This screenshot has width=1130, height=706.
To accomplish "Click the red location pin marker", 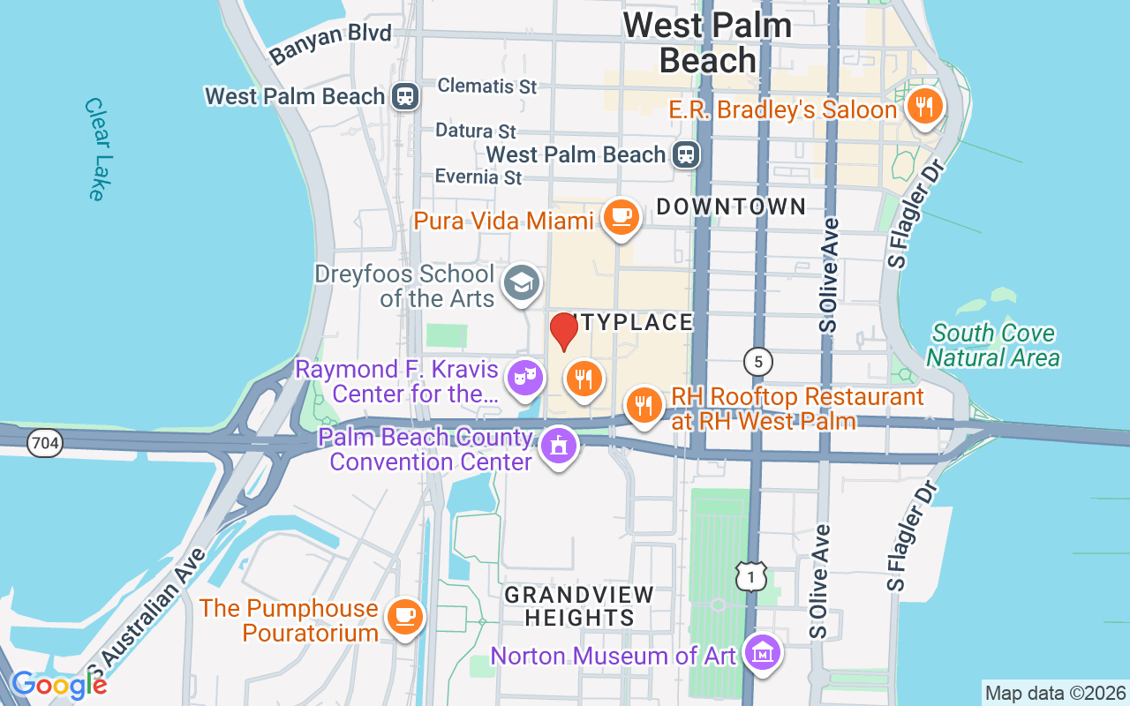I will pyautogui.click(x=564, y=331).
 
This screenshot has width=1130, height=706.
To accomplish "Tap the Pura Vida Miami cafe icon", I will pyautogui.click(x=621, y=214).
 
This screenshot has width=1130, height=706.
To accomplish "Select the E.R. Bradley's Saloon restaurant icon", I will pyautogui.click(x=924, y=107).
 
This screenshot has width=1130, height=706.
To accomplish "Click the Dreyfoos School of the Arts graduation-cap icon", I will pyautogui.click(x=522, y=283).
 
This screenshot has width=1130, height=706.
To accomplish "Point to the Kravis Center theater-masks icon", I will pyautogui.click(x=525, y=378).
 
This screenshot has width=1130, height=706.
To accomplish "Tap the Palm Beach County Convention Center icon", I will pyautogui.click(x=557, y=446).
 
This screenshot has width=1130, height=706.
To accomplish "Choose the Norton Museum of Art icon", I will pyautogui.click(x=760, y=654).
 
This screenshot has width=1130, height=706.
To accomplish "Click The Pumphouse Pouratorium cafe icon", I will pyautogui.click(x=404, y=615).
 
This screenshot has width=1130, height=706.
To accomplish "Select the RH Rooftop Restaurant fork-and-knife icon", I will pyautogui.click(x=644, y=405).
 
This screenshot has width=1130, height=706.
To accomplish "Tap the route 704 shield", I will pyautogui.click(x=44, y=443).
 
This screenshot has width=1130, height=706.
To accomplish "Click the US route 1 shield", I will pyautogui.click(x=751, y=576).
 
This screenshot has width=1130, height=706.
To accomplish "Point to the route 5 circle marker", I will pyautogui.click(x=757, y=361).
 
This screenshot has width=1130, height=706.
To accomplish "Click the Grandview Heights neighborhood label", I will pyautogui.click(x=579, y=606).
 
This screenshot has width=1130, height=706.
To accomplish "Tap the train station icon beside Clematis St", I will pyautogui.click(x=405, y=95).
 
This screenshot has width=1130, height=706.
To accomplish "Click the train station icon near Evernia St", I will pyautogui.click(x=685, y=154).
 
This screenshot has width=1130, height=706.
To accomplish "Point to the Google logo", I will pyautogui.click(x=59, y=684).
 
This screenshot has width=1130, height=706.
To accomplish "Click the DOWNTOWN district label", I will pyautogui.click(x=731, y=207).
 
